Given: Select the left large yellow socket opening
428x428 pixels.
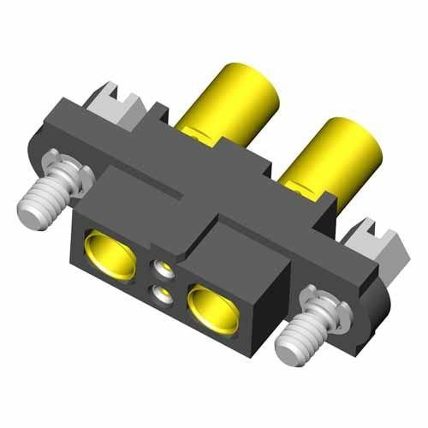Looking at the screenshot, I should (x=110, y=258).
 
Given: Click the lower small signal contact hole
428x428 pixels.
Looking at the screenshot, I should (x=161, y=296).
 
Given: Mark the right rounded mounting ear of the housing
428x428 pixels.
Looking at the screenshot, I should (x=377, y=300).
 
